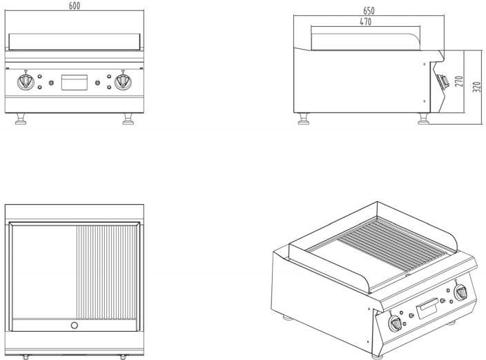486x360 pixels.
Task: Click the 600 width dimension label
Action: coord(75,6)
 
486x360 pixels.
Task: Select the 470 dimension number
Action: coord(366,22)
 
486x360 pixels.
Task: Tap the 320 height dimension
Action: coord(476,88)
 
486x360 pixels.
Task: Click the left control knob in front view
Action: coord(26,82)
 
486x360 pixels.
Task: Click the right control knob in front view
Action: coord(123,82)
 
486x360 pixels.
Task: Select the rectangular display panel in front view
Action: coord(75,82)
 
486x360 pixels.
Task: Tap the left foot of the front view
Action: coord(19,121)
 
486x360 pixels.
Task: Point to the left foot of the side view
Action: coord(304,121)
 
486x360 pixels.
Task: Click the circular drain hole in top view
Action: coord(75,325)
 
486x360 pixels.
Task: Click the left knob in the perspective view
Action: coord(395,321)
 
